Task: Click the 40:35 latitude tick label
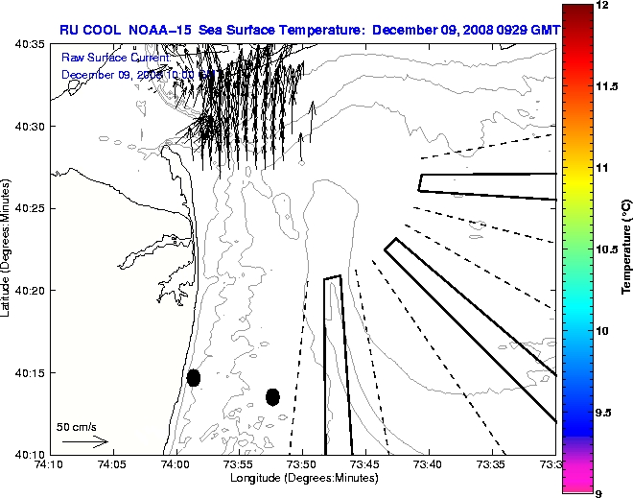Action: point(31,45)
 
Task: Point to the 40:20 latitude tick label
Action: point(31,290)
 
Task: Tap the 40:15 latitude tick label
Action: point(31,372)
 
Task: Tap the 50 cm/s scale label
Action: point(76,426)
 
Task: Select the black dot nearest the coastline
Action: point(194,377)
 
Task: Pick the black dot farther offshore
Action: point(272,396)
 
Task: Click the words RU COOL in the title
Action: point(90,30)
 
